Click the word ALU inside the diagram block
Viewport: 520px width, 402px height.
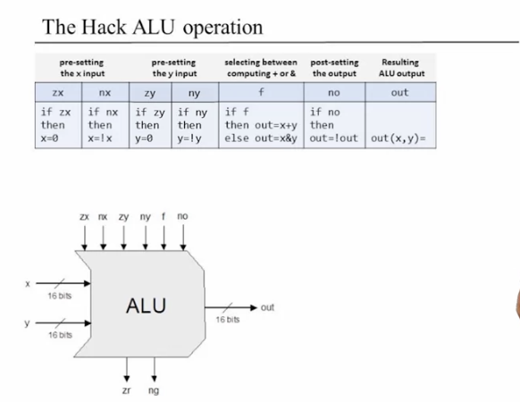(146, 306)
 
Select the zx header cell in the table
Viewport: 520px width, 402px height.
(58, 92)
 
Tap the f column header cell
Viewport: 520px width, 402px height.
(261, 92)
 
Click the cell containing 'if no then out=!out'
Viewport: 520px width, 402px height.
(334, 125)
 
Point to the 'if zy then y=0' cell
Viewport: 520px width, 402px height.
(150, 125)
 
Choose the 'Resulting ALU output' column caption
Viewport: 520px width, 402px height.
(401, 68)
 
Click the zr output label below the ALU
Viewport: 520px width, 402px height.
(126, 390)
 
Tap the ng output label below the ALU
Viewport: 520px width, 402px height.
(154, 391)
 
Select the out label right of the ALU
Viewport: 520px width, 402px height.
(267, 307)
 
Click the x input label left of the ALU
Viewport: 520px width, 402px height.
(28, 284)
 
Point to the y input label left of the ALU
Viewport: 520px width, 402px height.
(27, 323)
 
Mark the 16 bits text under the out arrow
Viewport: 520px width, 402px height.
(228, 320)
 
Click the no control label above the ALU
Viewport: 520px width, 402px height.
(182, 216)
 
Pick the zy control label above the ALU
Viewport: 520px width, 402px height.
(123, 217)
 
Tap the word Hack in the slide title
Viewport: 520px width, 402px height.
(104, 27)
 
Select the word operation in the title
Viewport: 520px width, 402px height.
(222, 29)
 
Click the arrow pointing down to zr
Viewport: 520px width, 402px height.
(127, 370)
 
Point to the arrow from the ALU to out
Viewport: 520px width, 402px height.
(231, 307)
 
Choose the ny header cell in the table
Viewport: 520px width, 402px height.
(195, 92)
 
